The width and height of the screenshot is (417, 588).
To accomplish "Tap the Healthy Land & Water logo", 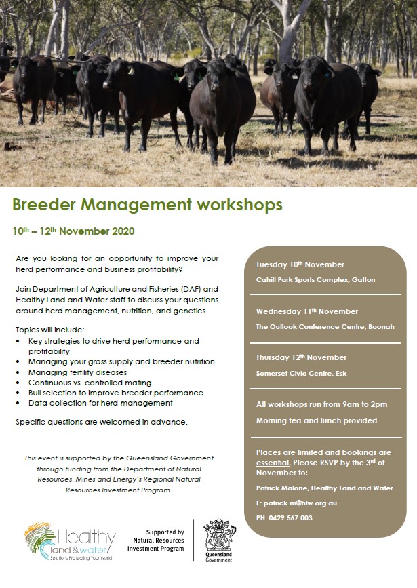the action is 70,541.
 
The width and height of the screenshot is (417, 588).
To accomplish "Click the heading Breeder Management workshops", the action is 147,205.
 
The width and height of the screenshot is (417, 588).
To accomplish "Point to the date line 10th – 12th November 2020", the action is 73,231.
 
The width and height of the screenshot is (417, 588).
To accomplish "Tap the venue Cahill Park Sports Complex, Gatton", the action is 315,279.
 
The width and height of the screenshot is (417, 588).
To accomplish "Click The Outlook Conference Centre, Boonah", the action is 325,327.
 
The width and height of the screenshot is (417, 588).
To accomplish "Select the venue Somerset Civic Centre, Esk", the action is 301,374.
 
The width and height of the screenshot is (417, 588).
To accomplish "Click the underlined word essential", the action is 273,463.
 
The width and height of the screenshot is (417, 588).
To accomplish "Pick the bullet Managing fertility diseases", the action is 77,372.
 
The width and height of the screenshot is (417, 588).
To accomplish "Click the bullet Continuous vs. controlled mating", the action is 90,383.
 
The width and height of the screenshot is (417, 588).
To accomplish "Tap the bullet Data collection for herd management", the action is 100,403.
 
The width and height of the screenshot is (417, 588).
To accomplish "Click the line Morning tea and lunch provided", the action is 317,420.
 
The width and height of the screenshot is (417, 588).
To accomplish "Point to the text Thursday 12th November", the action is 301,357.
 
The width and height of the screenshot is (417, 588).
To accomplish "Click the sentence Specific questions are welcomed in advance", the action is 102,422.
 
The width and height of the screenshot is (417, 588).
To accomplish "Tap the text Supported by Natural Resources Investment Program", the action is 156,541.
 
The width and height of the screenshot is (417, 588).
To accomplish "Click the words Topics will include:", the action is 50,330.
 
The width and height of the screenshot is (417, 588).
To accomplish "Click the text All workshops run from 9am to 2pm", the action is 322,404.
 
